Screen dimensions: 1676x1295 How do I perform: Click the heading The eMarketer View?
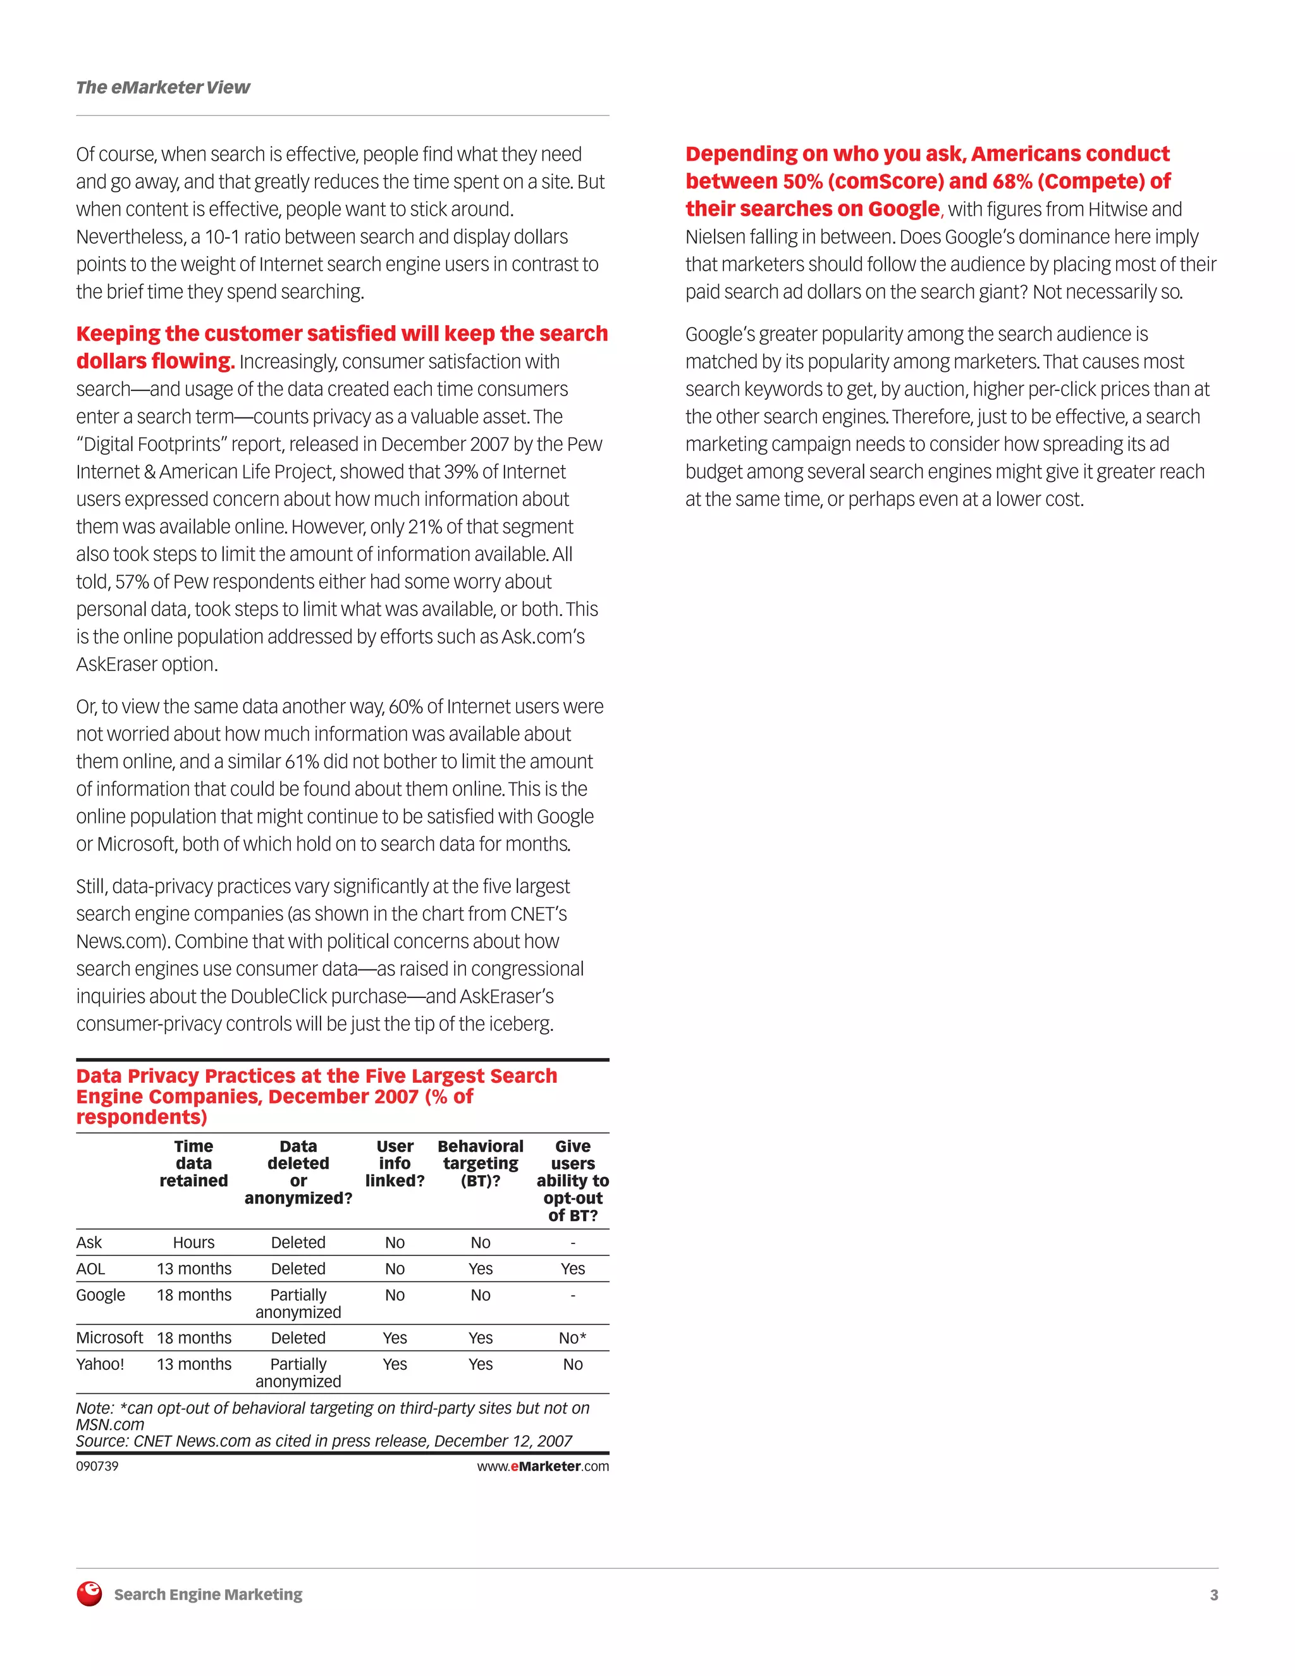pos(163,87)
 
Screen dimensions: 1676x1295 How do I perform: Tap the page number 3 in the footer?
pos(1213,1594)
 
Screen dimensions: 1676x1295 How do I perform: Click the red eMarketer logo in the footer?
pos(90,1594)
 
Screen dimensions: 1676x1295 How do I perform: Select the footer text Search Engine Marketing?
pos(208,1594)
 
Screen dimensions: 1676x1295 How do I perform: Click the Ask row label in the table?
pos(89,1242)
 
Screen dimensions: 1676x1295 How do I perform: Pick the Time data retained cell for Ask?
pos(193,1242)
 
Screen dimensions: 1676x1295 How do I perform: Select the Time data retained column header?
pos(193,1163)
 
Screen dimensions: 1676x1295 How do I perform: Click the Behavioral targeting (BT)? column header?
pos(481,1163)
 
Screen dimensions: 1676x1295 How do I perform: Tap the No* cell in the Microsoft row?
pos(572,1338)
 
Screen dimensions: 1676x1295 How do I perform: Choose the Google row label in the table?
pos(101,1295)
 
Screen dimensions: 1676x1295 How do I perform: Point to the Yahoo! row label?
pos(100,1364)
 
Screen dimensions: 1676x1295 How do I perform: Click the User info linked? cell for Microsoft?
pos(395,1338)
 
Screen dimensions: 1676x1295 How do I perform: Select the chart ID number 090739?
pos(97,1466)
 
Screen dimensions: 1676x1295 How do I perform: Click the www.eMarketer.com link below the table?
pos(543,1466)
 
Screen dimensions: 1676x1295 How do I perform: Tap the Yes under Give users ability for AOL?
pos(572,1269)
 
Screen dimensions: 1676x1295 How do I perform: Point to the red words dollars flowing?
pos(154,360)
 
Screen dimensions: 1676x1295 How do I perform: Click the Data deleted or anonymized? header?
pos(298,1172)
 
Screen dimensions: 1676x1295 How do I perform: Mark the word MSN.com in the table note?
pos(109,1424)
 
